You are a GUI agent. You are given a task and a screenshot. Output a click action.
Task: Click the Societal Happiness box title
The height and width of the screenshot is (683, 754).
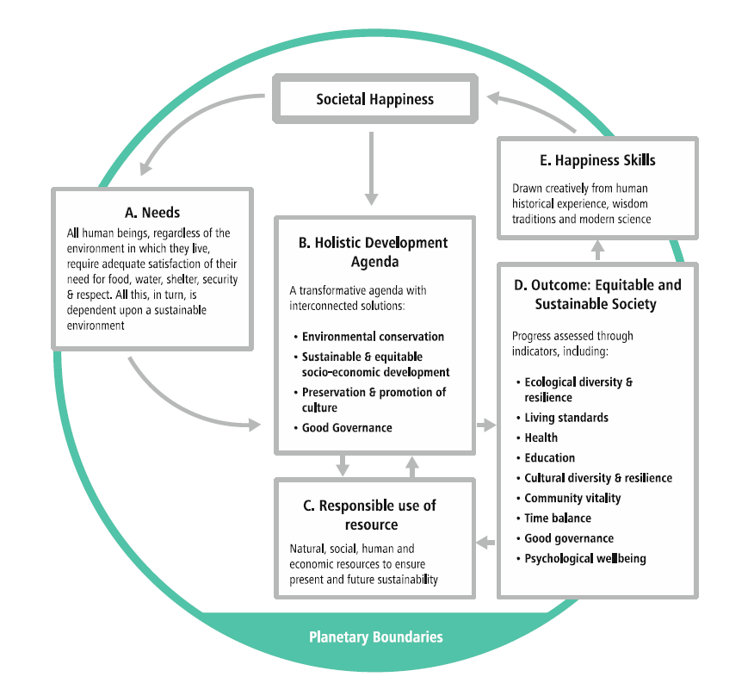(x=374, y=99)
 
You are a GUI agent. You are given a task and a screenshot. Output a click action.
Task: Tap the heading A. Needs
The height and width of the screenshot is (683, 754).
(x=152, y=213)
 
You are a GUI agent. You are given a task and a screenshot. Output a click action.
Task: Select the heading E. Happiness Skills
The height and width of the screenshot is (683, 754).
(x=597, y=161)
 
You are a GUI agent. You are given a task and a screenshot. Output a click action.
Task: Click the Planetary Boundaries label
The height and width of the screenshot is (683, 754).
(x=376, y=637)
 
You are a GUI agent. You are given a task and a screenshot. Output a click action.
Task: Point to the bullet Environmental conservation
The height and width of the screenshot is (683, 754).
(x=373, y=337)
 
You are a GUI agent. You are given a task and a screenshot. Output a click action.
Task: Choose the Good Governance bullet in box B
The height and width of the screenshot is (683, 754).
(x=347, y=427)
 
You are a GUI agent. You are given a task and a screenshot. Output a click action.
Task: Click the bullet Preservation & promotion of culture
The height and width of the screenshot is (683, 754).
(x=374, y=400)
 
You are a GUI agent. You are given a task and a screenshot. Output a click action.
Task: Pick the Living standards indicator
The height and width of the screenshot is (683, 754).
(x=566, y=418)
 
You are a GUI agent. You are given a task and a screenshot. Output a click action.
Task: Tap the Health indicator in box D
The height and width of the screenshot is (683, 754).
(x=541, y=438)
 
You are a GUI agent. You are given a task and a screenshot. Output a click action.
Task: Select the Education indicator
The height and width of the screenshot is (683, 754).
(x=549, y=458)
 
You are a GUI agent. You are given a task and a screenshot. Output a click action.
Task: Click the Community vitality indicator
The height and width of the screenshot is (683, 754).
(x=572, y=498)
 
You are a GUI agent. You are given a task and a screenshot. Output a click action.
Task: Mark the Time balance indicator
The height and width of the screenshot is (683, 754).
(x=558, y=518)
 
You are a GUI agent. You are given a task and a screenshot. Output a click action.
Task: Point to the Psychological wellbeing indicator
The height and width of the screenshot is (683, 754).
(x=585, y=559)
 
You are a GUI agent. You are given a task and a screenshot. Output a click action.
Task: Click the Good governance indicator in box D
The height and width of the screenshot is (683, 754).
(x=569, y=538)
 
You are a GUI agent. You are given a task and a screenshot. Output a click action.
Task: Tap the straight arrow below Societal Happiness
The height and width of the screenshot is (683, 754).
(x=372, y=168)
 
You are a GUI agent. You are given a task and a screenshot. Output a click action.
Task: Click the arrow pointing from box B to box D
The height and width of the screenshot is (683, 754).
(x=486, y=425)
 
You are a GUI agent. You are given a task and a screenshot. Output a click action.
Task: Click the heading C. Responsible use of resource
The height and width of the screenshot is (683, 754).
(x=374, y=514)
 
